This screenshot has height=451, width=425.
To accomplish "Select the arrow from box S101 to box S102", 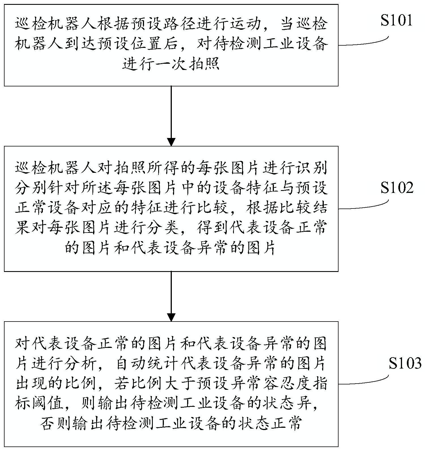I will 171,116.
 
